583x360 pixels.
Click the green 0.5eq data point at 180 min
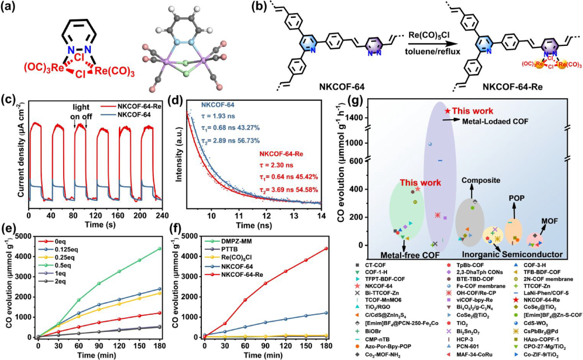tap(160, 249)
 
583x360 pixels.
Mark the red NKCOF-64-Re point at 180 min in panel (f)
tap(326, 249)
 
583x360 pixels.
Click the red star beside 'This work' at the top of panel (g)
tap(446, 111)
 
